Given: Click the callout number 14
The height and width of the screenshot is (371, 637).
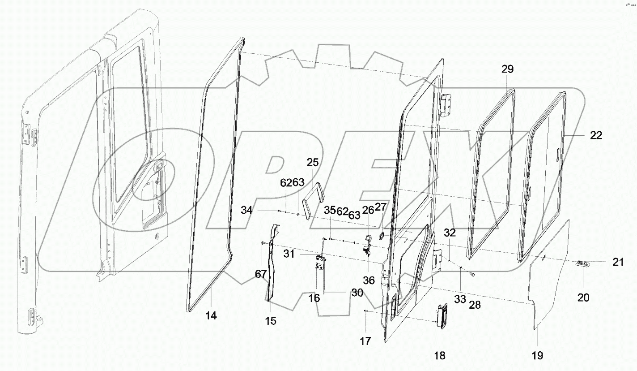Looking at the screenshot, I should coord(211,316).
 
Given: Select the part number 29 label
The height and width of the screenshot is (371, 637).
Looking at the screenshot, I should coord(508,69).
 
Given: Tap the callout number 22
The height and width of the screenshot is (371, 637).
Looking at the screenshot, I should coord(596,135).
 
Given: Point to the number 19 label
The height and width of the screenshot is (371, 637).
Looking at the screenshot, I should coord(537,356).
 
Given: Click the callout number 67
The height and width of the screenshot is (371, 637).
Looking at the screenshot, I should coord(261,274).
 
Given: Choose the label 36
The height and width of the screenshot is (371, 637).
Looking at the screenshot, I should coord(369,280).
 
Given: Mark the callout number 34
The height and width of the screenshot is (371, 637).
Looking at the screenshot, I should coord(246,210).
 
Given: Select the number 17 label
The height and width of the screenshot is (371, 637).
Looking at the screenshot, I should coord(365,341).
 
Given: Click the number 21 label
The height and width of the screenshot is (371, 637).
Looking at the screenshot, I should coord(618,263).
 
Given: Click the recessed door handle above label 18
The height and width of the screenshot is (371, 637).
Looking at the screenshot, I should coord(442,316).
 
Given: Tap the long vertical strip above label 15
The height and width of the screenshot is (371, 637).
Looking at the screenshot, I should coord(271,264).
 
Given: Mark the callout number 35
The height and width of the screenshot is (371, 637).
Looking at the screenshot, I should coord(330,210).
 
